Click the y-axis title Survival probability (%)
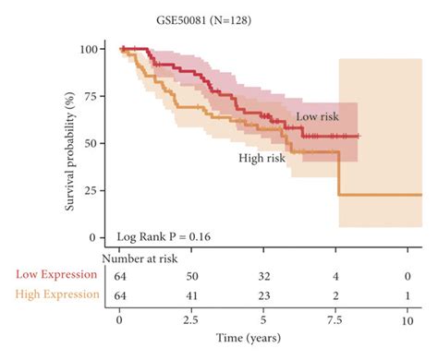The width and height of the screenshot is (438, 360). coord(68,143)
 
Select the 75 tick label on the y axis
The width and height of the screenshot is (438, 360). coord(98,95)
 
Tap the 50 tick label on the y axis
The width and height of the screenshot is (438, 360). coord(98,143)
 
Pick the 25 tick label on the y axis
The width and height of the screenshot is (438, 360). coord(98,190)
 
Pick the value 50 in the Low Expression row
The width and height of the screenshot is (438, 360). coord(192,275)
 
